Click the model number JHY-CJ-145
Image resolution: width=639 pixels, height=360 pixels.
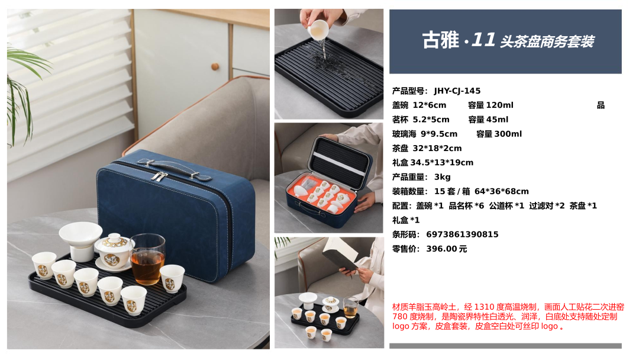[x=457, y=91]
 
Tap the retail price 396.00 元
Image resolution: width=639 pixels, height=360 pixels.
[x=446, y=249]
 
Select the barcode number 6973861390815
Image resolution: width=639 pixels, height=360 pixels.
[x=462, y=234]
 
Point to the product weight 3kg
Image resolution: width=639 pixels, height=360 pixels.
[x=442, y=177]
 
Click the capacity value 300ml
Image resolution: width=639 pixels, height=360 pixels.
[x=508, y=134]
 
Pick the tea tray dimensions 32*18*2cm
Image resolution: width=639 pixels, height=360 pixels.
[x=437, y=149]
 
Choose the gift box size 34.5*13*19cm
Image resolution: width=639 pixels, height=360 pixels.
[x=442, y=163]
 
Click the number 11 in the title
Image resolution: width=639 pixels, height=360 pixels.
[x=483, y=40]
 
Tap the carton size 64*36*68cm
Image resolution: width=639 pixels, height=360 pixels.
[x=501, y=191]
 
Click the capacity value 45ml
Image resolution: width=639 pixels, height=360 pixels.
[x=497, y=120]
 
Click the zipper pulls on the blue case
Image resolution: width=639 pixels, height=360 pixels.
[x=159, y=176]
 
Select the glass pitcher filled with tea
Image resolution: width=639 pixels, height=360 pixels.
[x=147, y=259]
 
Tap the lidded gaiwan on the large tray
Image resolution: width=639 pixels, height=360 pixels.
[x=113, y=252]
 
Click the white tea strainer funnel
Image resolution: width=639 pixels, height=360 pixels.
[x=80, y=240]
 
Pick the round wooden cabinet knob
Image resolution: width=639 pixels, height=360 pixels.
[x=215, y=66]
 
